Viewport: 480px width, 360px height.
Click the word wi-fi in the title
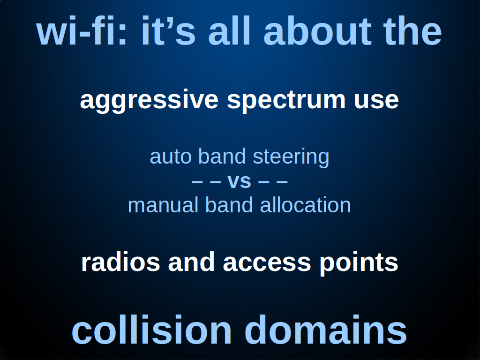click(x=82, y=30)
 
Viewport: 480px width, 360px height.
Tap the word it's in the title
click(x=168, y=30)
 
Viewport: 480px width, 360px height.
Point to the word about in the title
click(x=317, y=30)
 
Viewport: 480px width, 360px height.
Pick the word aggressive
click(x=149, y=101)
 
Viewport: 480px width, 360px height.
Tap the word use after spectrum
click(x=376, y=101)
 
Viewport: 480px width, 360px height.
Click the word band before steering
click(x=222, y=156)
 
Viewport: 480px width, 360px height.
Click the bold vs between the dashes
click(x=239, y=181)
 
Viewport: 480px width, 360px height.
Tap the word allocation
click(x=305, y=205)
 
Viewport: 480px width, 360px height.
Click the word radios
click(x=120, y=262)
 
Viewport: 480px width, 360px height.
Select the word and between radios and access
click(x=191, y=262)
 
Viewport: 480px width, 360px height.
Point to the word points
click(x=359, y=263)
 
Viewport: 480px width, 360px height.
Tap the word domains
click(x=326, y=330)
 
